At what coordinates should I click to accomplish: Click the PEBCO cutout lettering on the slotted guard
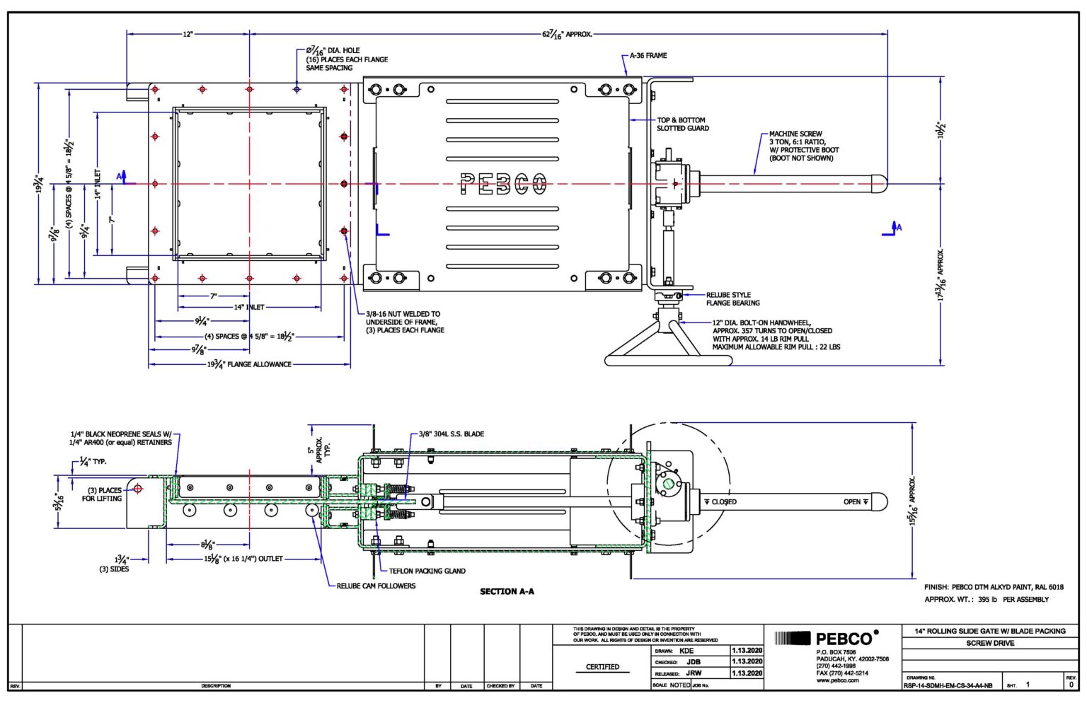[503, 184]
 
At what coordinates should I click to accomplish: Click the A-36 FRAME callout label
[648, 55]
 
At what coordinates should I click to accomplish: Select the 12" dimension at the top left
[188, 34]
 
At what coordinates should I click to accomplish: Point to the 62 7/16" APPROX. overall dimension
[567, 34]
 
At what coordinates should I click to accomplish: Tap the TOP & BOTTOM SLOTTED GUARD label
[682, 124]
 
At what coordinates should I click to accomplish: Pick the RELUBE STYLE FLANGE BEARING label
[732, 299]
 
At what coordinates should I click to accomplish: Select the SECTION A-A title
[507, 591]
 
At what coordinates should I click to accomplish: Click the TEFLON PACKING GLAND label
[427, 571]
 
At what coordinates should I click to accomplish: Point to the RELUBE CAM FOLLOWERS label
[376, 586]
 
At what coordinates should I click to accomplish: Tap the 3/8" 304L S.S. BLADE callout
[451, 434]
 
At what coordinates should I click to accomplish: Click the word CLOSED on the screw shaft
[723, 501]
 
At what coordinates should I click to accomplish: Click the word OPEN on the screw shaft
[852, 501]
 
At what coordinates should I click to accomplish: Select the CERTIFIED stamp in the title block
[602, 667]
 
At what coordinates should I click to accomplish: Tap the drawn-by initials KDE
[686, 651]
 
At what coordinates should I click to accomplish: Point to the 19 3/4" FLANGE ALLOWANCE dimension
[249, 365]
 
